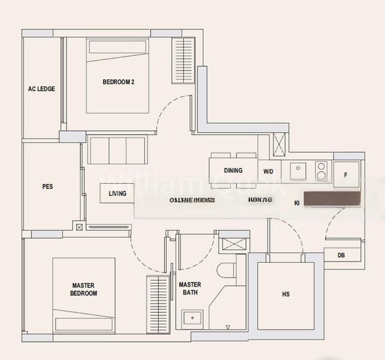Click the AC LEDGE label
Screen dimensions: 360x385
coord(41,89)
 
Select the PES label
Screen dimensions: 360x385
coord(47,187)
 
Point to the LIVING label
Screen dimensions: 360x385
coord(118,193)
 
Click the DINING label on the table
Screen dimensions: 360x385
coord(233,170)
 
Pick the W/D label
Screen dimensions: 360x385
coord(268,171)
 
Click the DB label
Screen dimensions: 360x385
coord(341,256)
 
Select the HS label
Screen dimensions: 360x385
coord(285,294)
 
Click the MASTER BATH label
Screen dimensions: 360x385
coord(190,289)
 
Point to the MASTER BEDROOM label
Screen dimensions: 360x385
coord(84,289)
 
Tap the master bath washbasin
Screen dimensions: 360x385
coord(193,317)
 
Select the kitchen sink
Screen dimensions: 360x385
coord(298,171)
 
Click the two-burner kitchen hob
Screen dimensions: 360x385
coord(321,171)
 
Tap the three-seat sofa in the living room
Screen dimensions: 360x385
coord(117,150)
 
